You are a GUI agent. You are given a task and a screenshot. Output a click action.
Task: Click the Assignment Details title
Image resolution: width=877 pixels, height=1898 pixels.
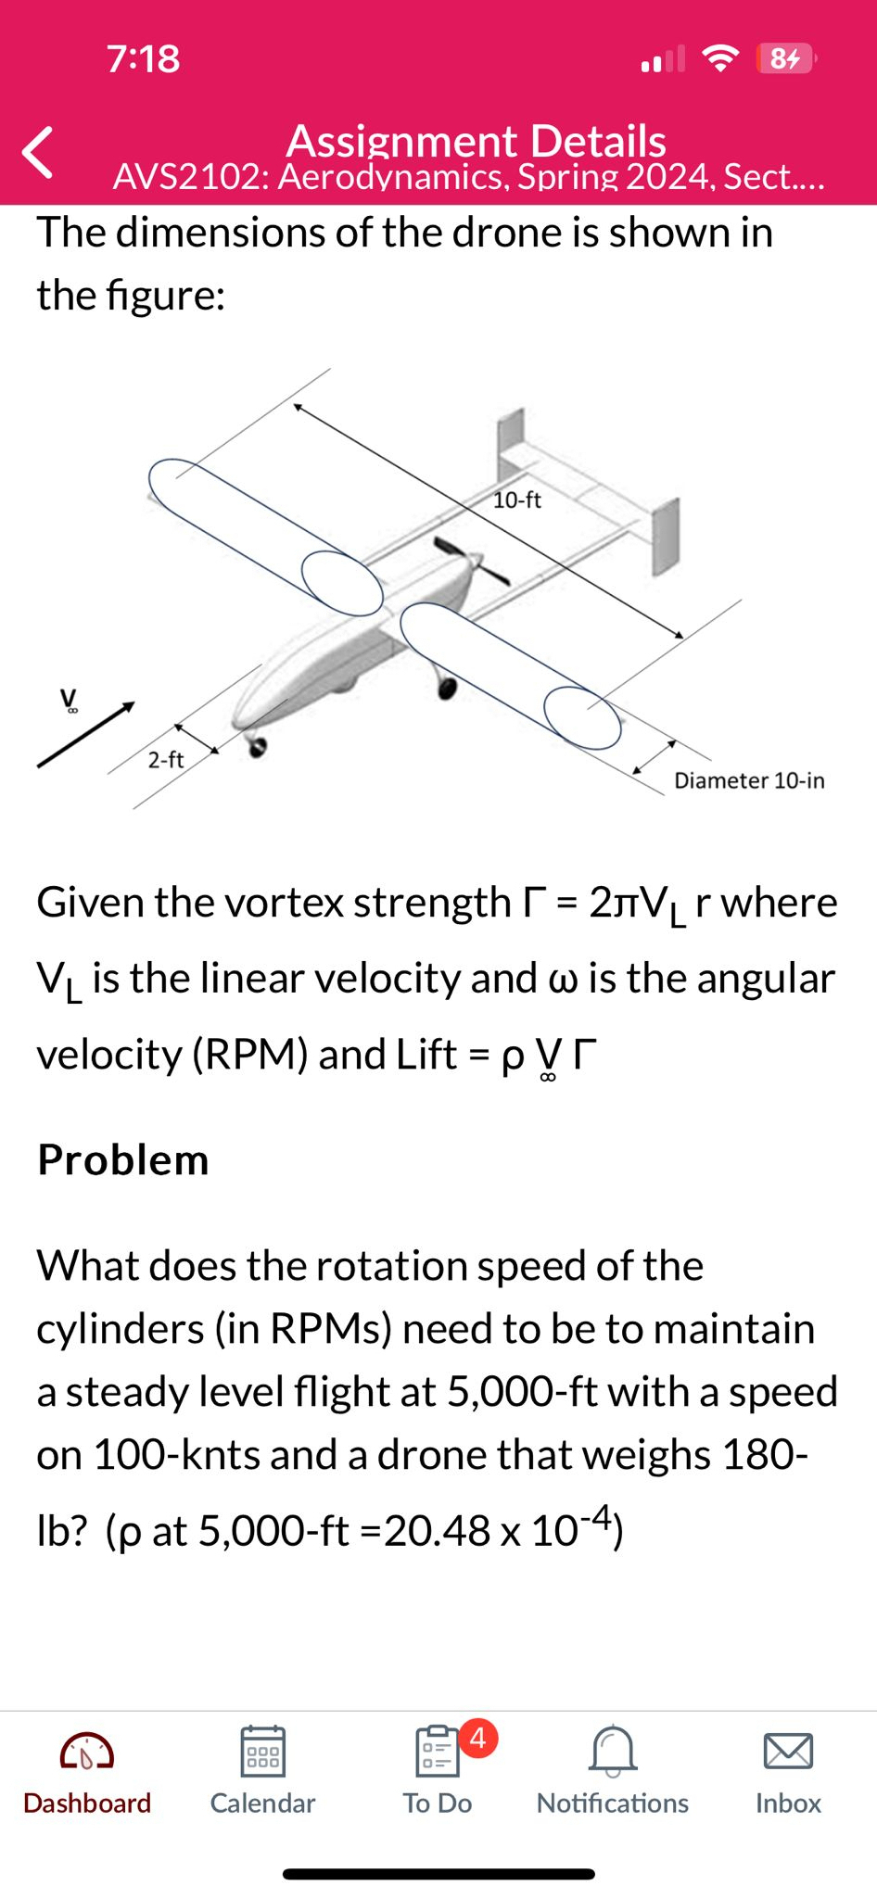[476, 141]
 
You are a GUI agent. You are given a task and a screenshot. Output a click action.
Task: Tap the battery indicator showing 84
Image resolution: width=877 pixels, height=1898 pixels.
[785, 58]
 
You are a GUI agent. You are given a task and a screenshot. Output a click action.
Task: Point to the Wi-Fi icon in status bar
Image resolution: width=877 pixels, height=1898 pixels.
[721, 58]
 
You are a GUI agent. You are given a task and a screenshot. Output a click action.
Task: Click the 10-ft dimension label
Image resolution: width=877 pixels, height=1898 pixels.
[517, 500]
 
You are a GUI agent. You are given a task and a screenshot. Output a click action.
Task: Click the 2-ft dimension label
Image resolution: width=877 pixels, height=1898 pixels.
[166, 760]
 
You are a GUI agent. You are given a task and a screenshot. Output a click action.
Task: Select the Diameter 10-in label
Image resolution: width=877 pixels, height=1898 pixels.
[749, 780]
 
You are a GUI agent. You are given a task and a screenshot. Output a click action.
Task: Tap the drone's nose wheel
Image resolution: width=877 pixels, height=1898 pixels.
[257, 747]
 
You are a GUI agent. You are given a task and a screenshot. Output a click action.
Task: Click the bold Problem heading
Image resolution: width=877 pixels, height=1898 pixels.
[123, 1159]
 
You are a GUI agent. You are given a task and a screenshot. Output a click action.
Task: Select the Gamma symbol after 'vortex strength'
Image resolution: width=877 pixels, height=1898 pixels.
[534, 902]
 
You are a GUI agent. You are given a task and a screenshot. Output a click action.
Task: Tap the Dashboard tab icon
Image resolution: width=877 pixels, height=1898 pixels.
[87, 1752]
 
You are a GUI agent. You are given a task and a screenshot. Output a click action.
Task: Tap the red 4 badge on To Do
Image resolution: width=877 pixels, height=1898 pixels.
[477, 1738]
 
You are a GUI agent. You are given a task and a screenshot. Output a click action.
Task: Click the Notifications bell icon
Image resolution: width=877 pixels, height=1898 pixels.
[613, 1750]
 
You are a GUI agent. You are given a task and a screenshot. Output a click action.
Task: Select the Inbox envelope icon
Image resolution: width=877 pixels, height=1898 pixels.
[788, 1751]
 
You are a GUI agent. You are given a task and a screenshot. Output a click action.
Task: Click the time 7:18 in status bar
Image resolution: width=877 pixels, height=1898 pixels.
[144, 58]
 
